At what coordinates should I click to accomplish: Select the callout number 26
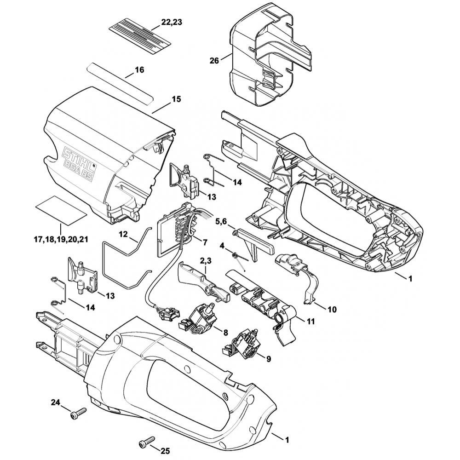tap(214, 61)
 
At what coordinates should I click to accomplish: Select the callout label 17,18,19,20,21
tap(61, 239)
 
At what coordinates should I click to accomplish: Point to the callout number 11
tap(311, 321)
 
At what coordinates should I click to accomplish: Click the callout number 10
tap(332, 310)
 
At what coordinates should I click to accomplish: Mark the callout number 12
tap(123, 234)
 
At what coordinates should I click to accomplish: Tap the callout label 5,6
tap(221, 222)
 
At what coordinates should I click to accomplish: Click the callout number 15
tap(176, 99)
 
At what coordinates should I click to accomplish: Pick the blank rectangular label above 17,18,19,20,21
tap(61, 209)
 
